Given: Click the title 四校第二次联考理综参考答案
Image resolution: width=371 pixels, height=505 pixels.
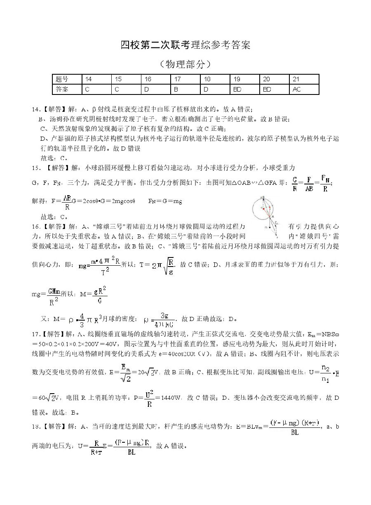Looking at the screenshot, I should [185, 45].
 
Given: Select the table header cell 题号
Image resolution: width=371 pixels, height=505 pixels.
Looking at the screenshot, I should [62, 79].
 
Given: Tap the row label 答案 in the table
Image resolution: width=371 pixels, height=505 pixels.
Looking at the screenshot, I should [62, 89].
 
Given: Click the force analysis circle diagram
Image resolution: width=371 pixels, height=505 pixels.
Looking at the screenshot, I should [267, 216].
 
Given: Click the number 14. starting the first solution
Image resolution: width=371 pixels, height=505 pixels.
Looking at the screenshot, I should [36, 109].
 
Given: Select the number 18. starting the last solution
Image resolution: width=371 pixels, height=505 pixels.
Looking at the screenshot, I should [36, 425].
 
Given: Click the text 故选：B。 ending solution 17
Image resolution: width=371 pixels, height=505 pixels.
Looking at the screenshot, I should [66, 412].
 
